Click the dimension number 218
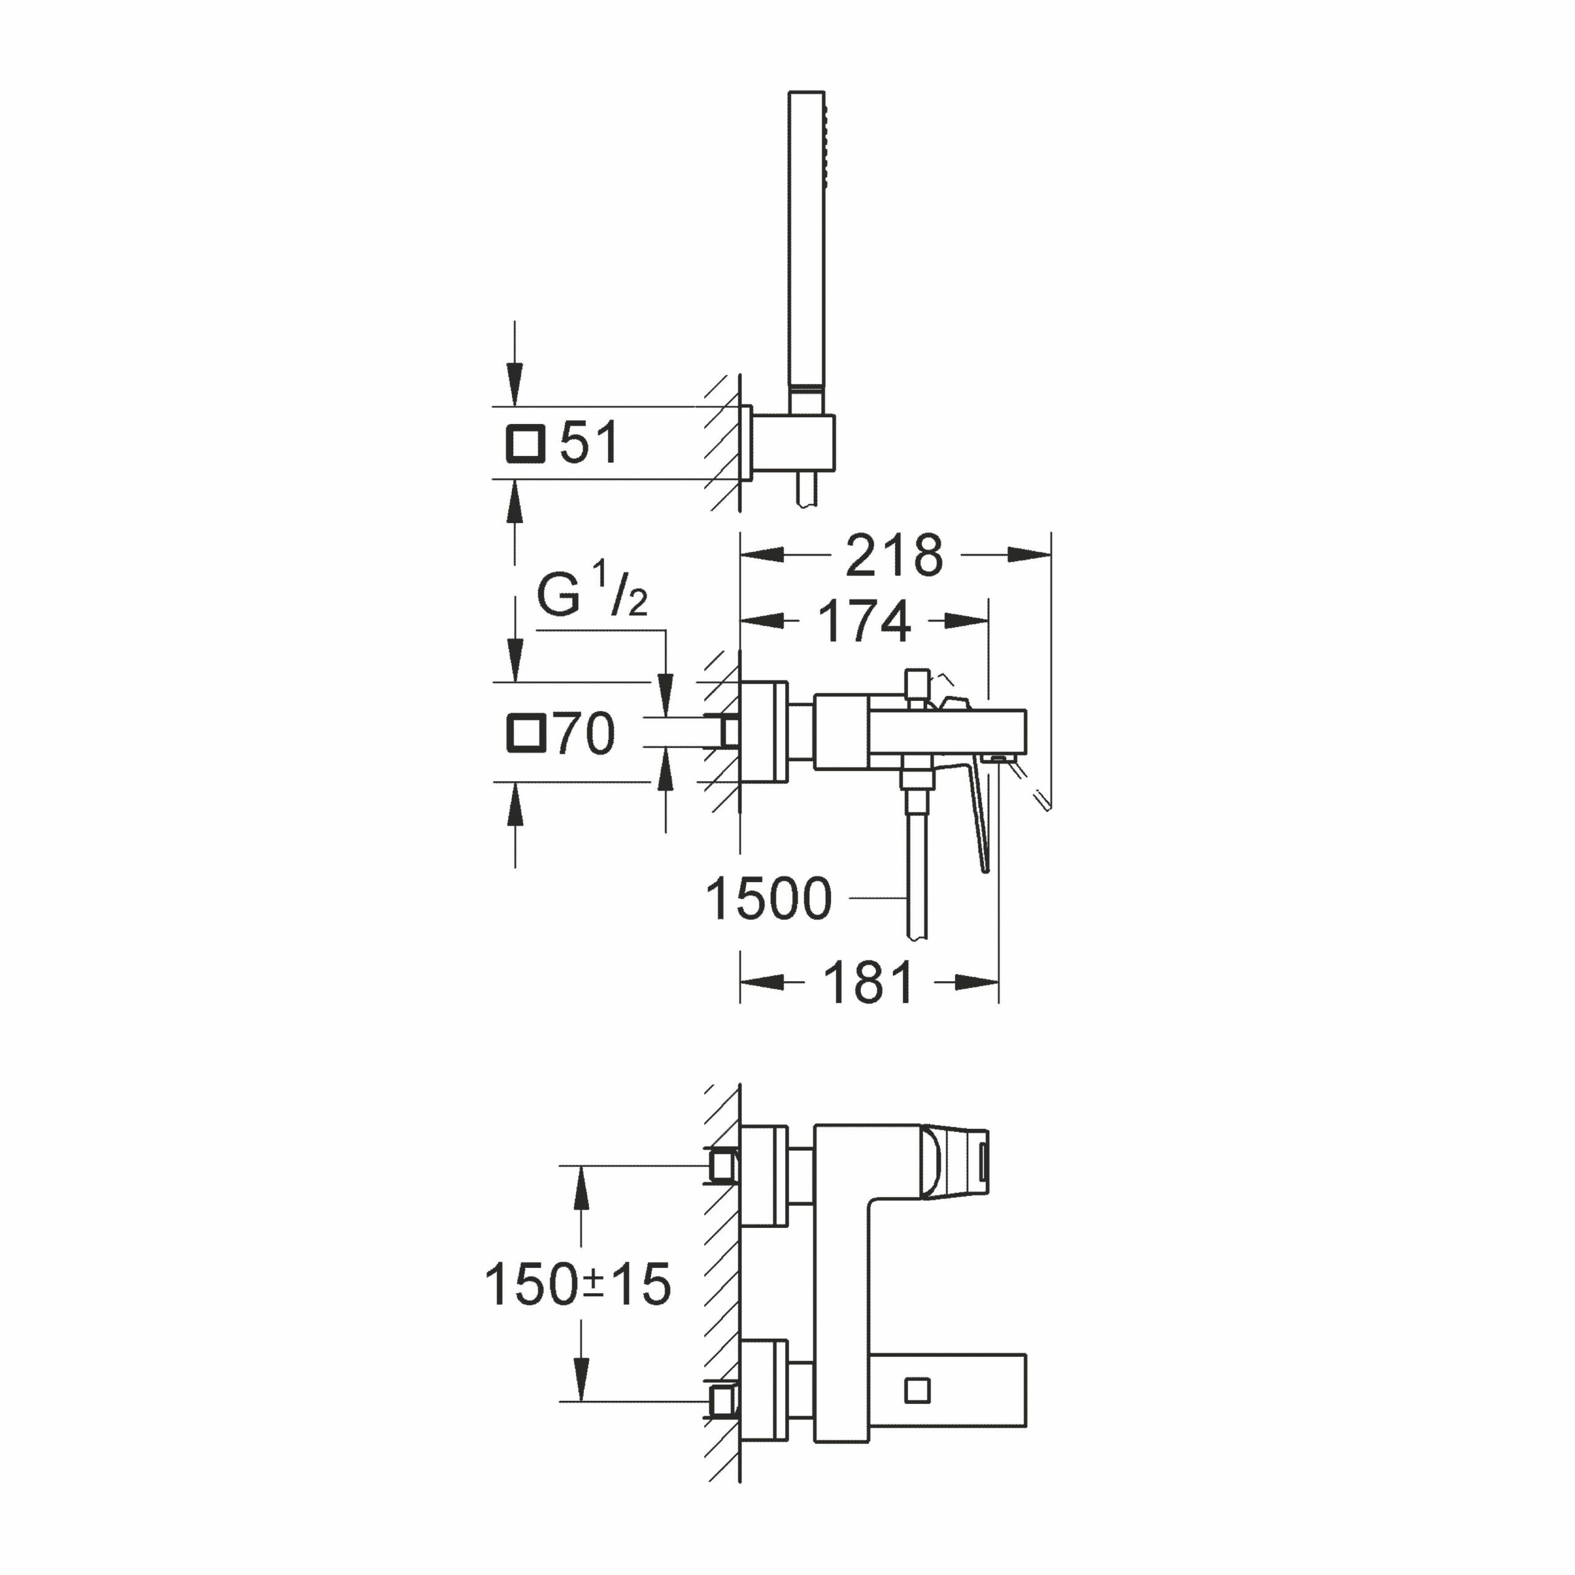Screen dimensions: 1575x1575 coord(895,556)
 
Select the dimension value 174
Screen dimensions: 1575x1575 coord(864,622)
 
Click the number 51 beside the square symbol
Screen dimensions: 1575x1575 coord(589,444)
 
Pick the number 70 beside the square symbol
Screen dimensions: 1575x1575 coord(584,733)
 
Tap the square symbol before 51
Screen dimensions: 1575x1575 coord(525,444)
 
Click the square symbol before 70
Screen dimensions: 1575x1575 coord(525,732)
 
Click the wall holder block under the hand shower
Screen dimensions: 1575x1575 coord(792,444)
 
